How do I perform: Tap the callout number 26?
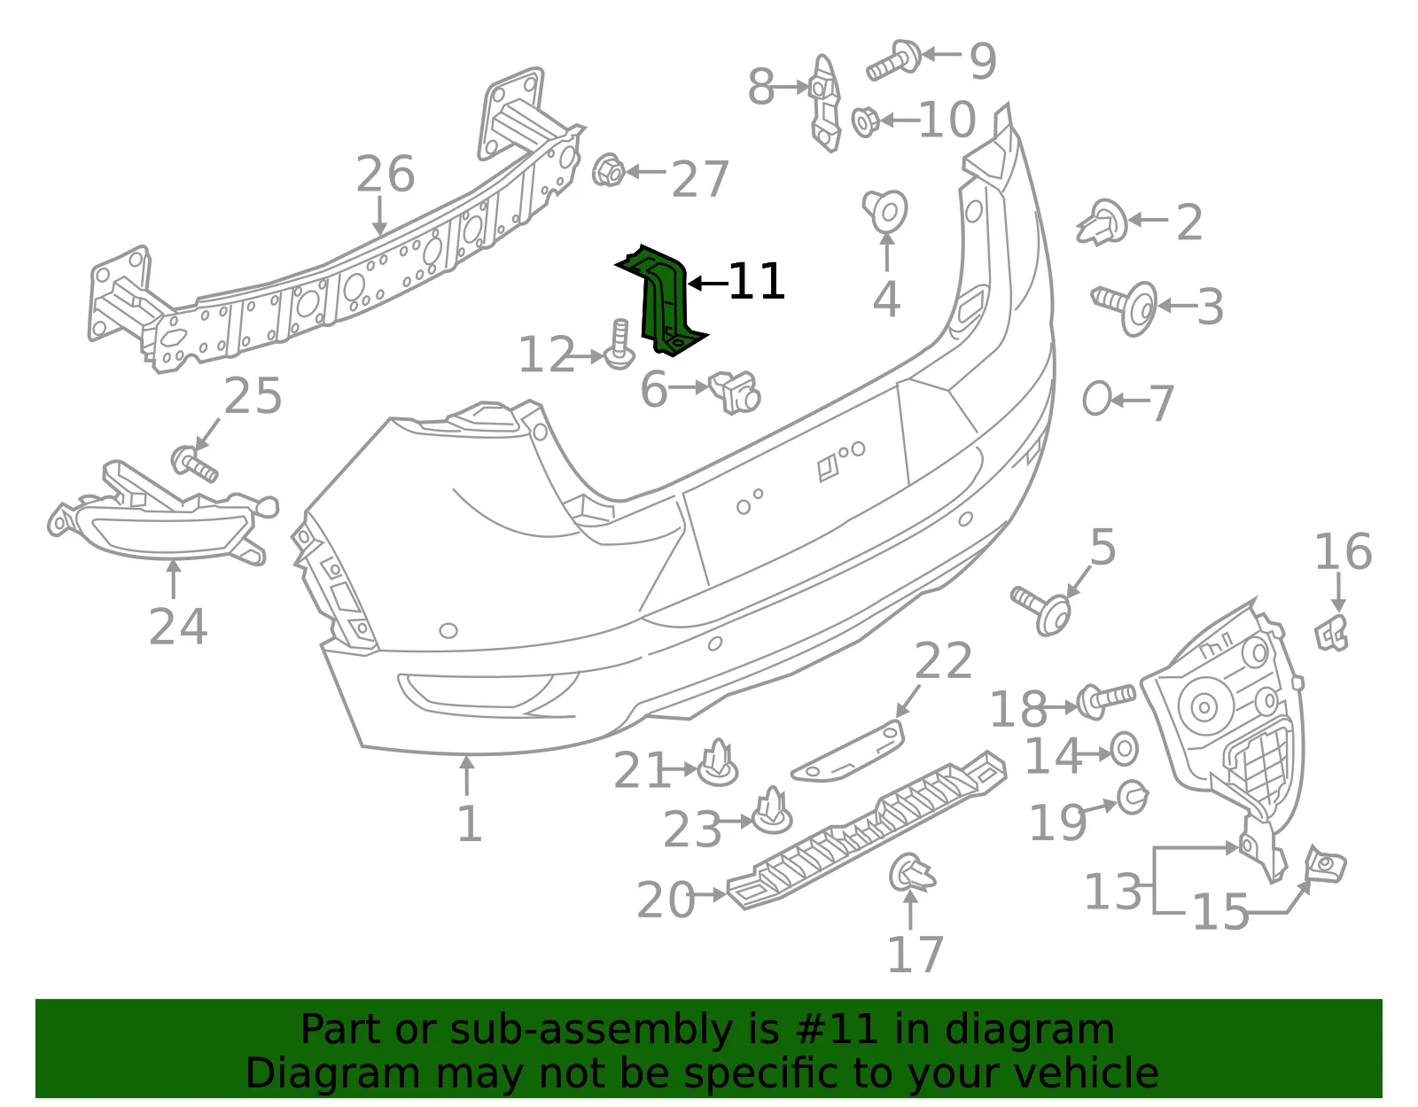click(x=385, y=175)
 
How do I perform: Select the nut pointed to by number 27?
click(x=608, y=169)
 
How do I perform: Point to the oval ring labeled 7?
click(x=1097, y=399)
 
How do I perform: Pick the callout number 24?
click(x=178, y=627)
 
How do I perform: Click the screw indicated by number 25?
click(x=194, y=464)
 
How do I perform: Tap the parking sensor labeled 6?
click(x=734, y=392)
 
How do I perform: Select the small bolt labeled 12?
click(x=619, y=345)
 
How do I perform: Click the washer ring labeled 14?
click(x=1125, y=750)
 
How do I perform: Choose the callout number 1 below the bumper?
click(x=469, y=823)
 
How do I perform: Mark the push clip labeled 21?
click(x=718, y=763)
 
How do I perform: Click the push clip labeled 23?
click(x=773, y=811)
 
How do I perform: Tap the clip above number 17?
click(x=912, y=872)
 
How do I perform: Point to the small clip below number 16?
click(x=1332, y=633)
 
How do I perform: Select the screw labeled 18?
click(x=1106, y=700)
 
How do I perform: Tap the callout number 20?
click(x=666, y=900)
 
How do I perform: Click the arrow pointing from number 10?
click(x=900, y=120)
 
